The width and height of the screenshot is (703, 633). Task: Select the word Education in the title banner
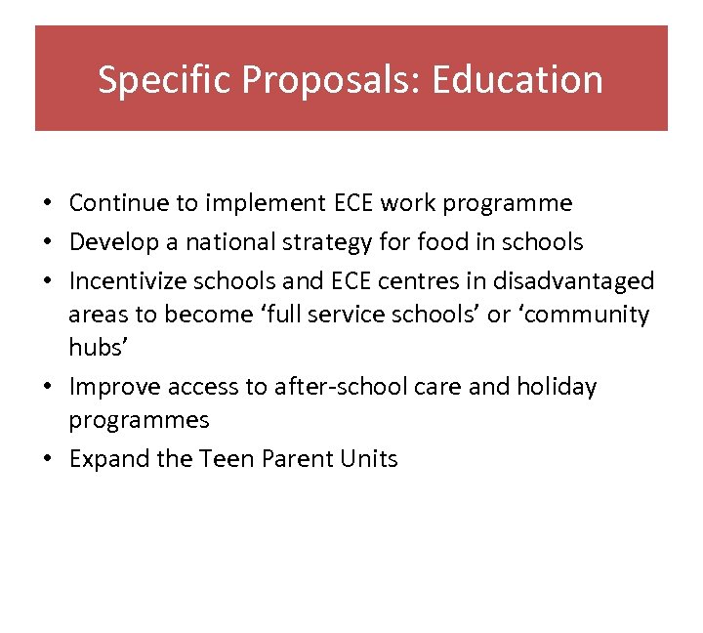coord(517,80)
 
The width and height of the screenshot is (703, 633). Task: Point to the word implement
coord(266,203)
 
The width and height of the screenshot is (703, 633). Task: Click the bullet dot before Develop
coord(47,242)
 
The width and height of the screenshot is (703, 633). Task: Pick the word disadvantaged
coord(574,281)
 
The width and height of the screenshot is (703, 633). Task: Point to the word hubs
coord(91,349)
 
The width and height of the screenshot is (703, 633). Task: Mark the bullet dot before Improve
coord(47,388)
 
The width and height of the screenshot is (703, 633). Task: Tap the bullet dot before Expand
coord(47,460)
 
